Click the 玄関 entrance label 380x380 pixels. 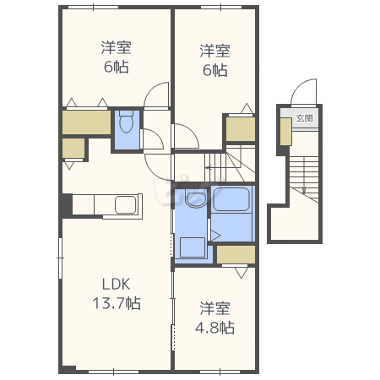click(x=304, y=118)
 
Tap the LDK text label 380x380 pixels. click(x=116, y=285)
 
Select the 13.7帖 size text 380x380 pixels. click(x=117, y=303)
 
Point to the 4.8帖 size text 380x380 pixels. click(x=214, y=328)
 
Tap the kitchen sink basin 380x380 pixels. click(x=126, y=204)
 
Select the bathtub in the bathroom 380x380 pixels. click(x=231, y=199)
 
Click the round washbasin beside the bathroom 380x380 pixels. click(x=196, y=199)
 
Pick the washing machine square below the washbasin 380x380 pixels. click(x=193, y=247)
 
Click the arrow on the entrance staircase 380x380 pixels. click(x=304, y=176)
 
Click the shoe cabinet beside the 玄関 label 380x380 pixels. click(x=285, y=132)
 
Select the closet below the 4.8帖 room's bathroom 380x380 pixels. click(x=236, y=255)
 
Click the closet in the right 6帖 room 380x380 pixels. click(x=241, y=129)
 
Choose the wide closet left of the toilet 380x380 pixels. click(x=86, y=122)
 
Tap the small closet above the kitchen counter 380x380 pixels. click(x=73, y=148)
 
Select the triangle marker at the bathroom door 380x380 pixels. click(x=215, y=236)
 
